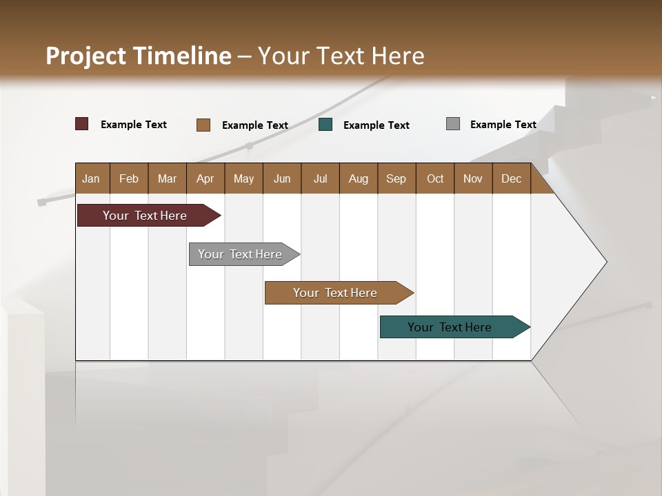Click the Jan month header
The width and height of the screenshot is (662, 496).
point(92,178)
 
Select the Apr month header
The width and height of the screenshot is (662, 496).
point(205,178)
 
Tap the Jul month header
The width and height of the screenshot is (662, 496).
point(320,178)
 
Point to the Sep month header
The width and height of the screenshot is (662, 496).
point(397,178)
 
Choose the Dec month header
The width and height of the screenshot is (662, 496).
point(511,178)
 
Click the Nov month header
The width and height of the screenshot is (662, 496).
point(473,178)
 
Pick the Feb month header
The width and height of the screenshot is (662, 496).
point(129,178)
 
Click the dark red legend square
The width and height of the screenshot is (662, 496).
point(82,124)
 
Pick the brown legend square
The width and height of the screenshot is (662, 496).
point(203,125)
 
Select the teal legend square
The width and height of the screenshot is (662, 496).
point(325,125)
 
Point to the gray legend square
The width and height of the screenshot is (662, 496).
point(453,124)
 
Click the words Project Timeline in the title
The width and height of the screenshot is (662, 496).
point(138,56)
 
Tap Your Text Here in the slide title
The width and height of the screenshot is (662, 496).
point(341,56)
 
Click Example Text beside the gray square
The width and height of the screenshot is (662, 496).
point(503,125)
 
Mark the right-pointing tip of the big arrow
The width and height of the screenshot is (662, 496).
point(605,262)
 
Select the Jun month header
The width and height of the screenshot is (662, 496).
point(282,178)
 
